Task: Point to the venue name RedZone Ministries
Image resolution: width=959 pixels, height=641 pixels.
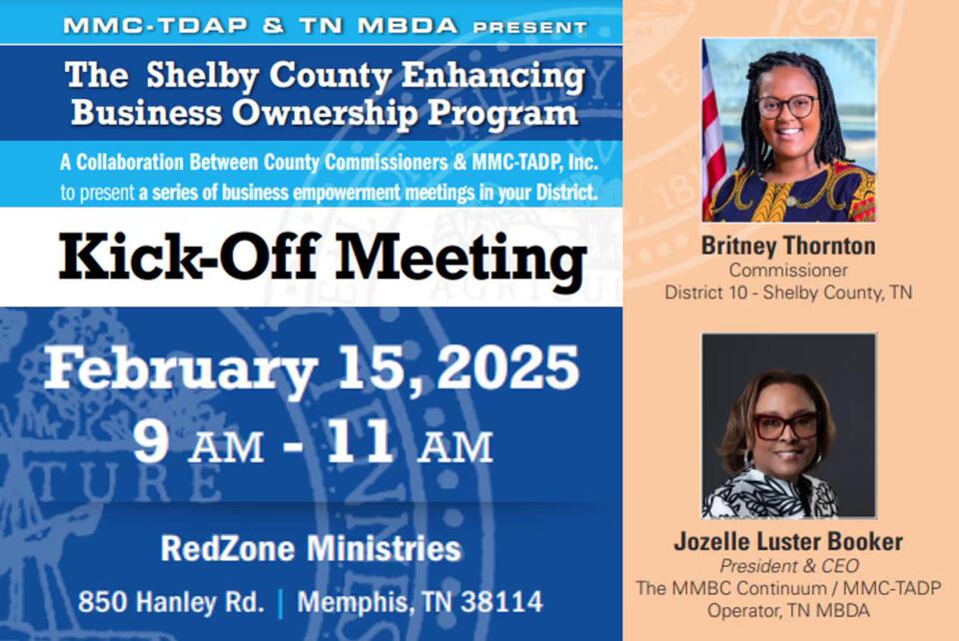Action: coord(311,549)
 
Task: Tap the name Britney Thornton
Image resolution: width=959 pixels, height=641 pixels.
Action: coord(788,246)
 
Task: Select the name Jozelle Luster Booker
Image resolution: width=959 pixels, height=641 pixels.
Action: coord(788,542)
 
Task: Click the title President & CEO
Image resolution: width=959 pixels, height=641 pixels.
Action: coord(788,565)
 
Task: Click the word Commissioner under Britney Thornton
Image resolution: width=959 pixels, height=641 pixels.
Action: coord(788,270)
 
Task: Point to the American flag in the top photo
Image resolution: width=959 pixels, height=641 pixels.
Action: coord(713,130)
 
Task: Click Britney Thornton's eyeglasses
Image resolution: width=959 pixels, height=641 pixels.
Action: coord(787,106)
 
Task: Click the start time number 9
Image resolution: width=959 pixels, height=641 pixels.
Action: coord(150,444)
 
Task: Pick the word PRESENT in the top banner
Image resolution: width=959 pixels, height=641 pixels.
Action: coord(545,26)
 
